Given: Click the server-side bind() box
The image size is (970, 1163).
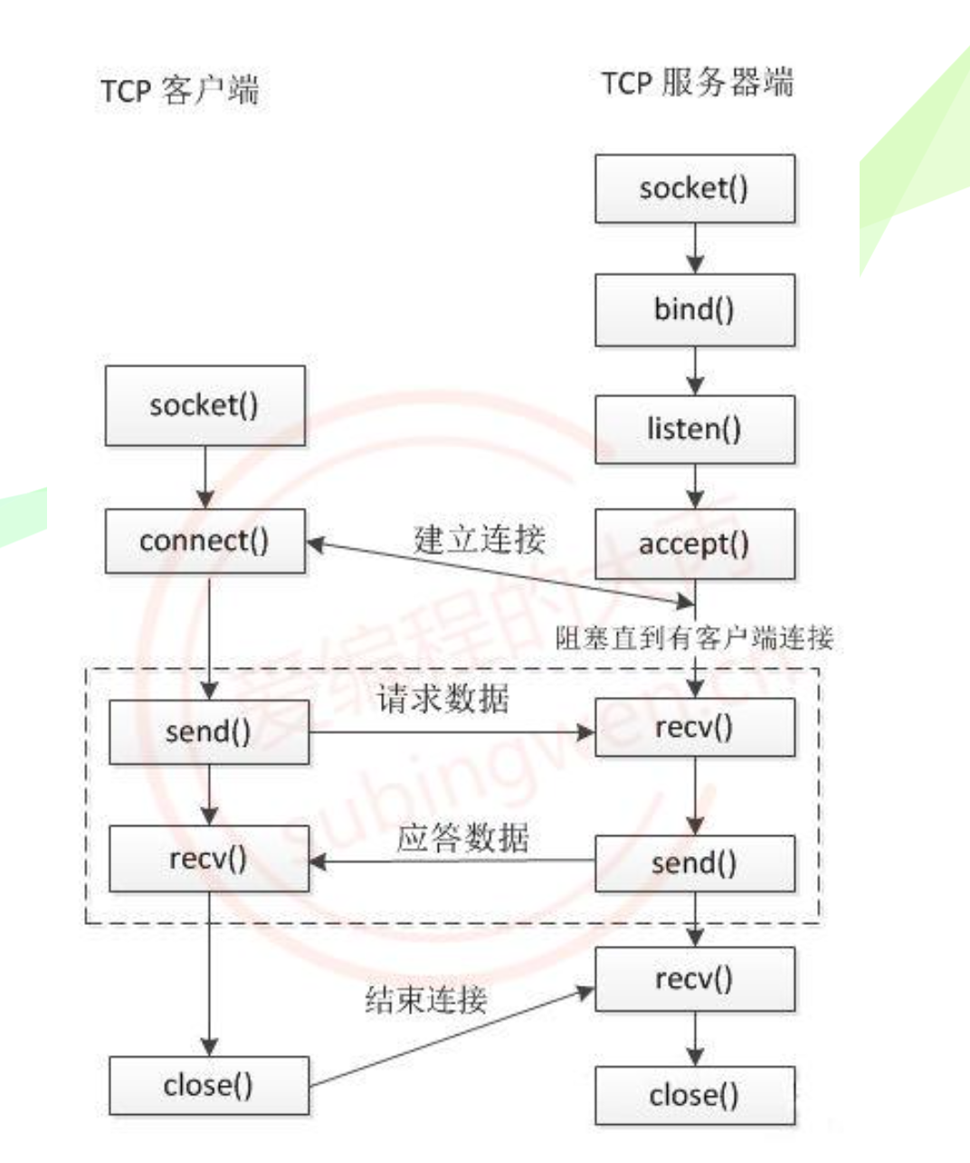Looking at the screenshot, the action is tap(695, 310).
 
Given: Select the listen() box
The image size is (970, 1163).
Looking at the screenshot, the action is tap(695, 429).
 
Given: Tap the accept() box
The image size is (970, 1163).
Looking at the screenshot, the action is tap(695, 544).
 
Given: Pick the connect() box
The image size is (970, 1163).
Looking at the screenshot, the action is tap(204, 541).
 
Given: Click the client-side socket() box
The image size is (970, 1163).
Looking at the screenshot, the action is tap(204, 405).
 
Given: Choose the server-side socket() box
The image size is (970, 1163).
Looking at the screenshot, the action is tap(695, 189).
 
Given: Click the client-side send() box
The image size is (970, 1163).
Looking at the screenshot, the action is tap(209, 732).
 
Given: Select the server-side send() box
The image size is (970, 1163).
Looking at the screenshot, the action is tap(695, 863).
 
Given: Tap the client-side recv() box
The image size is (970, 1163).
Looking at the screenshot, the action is tap(209, 858).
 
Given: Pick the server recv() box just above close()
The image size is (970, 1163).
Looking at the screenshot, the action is tap(695, 979).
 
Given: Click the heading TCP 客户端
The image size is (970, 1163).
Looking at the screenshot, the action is tap(180, 91).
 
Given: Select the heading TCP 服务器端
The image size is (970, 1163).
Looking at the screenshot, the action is tap(697, 83).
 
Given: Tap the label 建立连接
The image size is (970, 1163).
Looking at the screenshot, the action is tap(480, 539).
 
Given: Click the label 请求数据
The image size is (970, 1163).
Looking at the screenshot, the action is tap(443, 699).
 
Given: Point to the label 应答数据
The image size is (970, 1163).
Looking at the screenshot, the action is tap(462, 837).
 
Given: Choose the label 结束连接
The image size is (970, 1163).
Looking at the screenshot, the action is tap(426, 1000).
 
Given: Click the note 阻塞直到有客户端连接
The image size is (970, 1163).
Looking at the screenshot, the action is tap(694, 638).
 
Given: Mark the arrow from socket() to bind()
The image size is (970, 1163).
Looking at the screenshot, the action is tap(695, 248).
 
